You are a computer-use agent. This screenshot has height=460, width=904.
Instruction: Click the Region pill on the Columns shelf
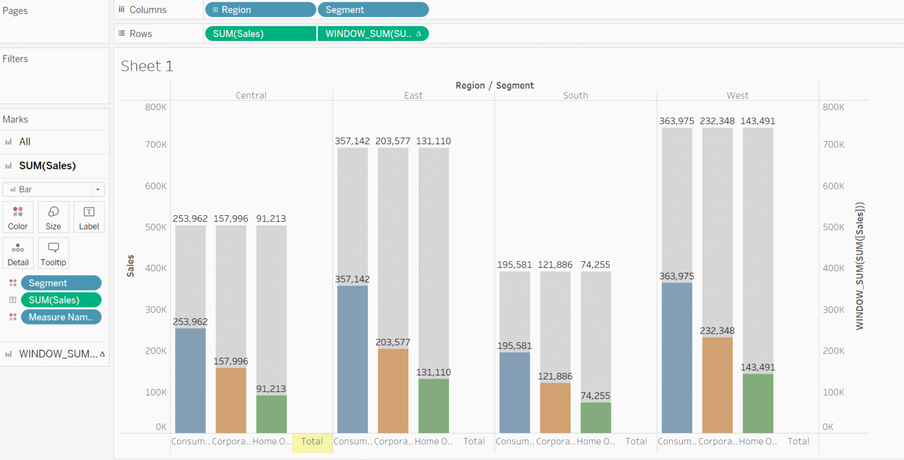pos(260,10)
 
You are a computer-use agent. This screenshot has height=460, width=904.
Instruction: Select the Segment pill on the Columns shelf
pos(373,10)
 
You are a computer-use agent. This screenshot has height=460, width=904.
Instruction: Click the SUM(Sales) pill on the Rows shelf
pos(260,34)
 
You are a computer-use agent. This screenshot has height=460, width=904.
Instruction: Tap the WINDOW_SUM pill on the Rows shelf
pos(373,34)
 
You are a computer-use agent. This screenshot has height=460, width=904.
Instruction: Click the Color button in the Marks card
pos(18,217)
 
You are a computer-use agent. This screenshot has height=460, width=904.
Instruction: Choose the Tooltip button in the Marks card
pos(53,253)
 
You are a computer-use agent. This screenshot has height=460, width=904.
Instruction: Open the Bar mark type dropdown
pos(53,189)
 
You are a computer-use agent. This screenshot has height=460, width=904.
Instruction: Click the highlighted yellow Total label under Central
pos(312,441)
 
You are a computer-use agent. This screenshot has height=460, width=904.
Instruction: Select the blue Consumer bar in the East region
pos(353,359)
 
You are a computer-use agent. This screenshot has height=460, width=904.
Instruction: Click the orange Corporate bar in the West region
pos(717,385)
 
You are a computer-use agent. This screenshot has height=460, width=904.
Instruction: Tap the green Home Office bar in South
pos(596,418)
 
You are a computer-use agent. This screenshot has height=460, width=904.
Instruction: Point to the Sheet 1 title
pos(147,66)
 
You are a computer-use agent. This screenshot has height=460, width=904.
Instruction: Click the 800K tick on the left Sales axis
pos(155,107)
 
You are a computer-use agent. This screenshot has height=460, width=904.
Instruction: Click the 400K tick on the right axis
pos(833,268)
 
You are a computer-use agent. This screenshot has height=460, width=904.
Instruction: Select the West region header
pos(737,95)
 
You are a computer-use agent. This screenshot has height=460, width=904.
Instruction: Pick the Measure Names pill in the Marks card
pos(61,317)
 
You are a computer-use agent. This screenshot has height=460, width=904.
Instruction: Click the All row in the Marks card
pos(25,142)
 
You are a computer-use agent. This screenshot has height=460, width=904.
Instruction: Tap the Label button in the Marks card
pos(89,217)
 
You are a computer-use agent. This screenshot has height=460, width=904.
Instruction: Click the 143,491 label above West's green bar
pos(757,367)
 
